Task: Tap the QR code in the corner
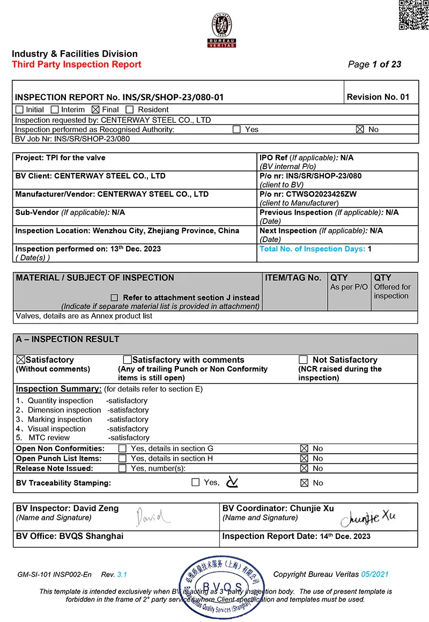pyautogui.click(x=413, y=15)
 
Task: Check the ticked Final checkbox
pyautogui.click(x=96, y=109)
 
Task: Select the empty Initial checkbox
pyautogui.click(x=20, y=109)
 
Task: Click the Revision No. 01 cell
pyautogui.click(x=378, y=97)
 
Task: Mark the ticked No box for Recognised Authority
pyautogui.click(x=360, y=129)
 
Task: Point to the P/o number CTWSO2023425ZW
pyautogui.click(x=307, y=194)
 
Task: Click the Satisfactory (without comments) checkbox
pyautogui.click(x=21, y=359)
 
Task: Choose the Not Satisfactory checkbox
pyautogui.click(x=303, y=359)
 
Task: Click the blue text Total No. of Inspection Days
pyautogui.click(x=313, y=249)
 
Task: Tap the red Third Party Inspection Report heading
pyautogui.click(x=77, y=64)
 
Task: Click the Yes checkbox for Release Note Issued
pyautogui.click(x=123, y=468)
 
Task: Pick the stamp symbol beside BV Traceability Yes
pyautogui.click(x=232, y=482)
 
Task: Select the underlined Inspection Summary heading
pyautogui.click(x=58, y=388)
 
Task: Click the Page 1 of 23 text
pyautogui.click(x=374, y=64)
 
